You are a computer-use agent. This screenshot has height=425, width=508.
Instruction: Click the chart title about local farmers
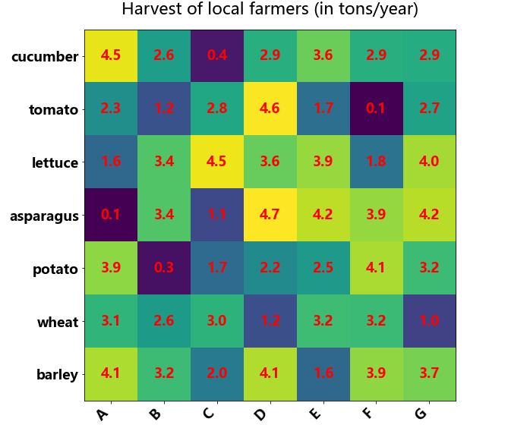click(270, 11)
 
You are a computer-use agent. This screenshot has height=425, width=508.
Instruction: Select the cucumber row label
click(46, 57)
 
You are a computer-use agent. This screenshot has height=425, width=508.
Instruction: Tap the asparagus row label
click(44, 216)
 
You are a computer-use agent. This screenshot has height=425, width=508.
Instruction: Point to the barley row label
click(58, 374)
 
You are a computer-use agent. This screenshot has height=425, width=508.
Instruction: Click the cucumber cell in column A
click(111, 56)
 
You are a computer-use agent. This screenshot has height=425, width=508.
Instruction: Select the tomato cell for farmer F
click(376, 109)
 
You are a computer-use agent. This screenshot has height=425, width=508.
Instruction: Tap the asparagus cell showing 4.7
click(270, 216)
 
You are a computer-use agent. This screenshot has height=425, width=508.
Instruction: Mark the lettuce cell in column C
click(217, 162)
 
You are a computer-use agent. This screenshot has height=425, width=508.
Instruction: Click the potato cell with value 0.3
click(164, 269)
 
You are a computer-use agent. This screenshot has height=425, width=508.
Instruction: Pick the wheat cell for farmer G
click(430, 322)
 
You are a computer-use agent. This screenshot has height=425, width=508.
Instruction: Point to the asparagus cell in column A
click(111, 216)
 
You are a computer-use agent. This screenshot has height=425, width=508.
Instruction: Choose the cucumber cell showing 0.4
click(217, 56)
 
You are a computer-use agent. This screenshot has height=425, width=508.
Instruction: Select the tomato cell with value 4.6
click(270, 109)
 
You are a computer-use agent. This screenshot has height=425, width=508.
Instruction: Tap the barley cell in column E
click(323, 374)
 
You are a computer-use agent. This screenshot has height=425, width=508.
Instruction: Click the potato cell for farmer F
click(376, 269)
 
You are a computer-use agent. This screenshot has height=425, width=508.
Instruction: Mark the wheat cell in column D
click(270, 322)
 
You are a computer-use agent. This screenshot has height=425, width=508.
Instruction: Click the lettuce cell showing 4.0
click(430, 162)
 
